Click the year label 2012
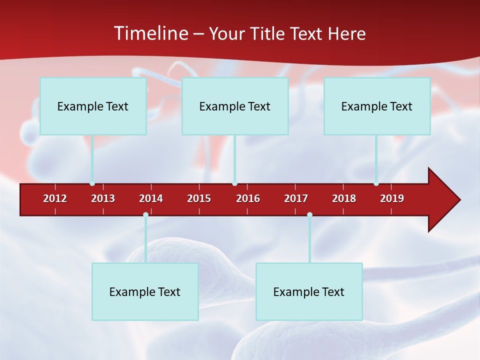point(55,198)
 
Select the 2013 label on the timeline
point(103,198)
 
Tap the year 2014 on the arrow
point(151,198)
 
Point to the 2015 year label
point(199,198)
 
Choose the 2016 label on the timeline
point(248,198)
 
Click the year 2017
point(296,198)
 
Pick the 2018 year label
point(344,198)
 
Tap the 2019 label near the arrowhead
point(392,198)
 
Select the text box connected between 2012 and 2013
point(93,106)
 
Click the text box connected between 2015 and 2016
point(235,106)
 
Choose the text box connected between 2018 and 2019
point(377,106)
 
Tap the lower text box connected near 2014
point(145,291)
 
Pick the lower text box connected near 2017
point(309,291)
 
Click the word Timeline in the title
point(150,33)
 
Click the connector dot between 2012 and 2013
point(92,183)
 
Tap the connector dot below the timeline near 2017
point(309,215)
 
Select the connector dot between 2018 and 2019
point(376,183)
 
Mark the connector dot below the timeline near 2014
point(145,215)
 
